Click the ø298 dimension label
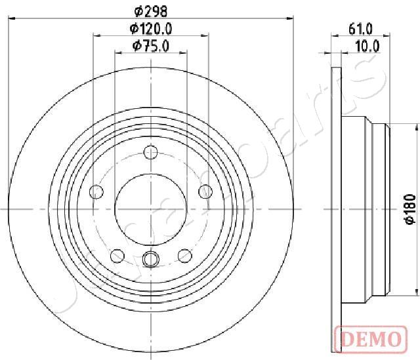[x=151, y=11]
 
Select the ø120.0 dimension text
[x=151, y=28]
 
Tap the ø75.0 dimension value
[x=151, y=46]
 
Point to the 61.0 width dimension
[x=360, y=29]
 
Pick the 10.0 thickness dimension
[x=367, y=46]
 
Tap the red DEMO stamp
[x=371, y=339]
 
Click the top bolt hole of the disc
[x=150, y=152]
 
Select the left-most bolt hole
[x=96, y=191]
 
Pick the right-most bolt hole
[x=205, y=191]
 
